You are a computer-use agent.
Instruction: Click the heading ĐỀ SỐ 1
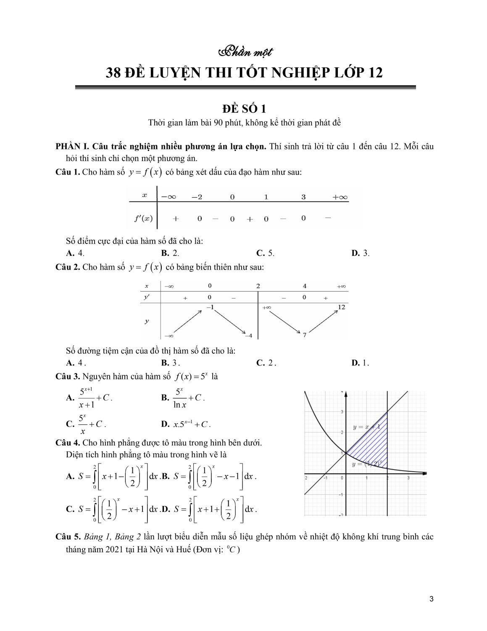tap(244, 109)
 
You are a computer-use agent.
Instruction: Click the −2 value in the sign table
tap(197, 197)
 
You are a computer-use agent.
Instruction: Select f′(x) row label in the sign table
tap(144, 219)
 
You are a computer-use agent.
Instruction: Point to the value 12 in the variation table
tap(341, 307)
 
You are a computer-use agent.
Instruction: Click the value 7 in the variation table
tap(305, 335)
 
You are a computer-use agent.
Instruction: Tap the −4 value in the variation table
tap(248, 335)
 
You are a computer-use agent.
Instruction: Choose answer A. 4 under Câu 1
tap(75, 253)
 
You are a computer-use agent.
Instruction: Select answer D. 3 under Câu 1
tap(361, 253)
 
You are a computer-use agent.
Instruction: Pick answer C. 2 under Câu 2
tap(266, 363)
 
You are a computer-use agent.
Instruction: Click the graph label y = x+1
tap(366, 427)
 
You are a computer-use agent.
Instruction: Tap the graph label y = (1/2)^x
tap(367, 464)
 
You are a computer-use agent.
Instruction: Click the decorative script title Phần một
tap(246, 52)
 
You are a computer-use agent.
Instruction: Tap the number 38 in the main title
tap(113, 73)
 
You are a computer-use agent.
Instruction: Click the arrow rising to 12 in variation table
tap(323, 322)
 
